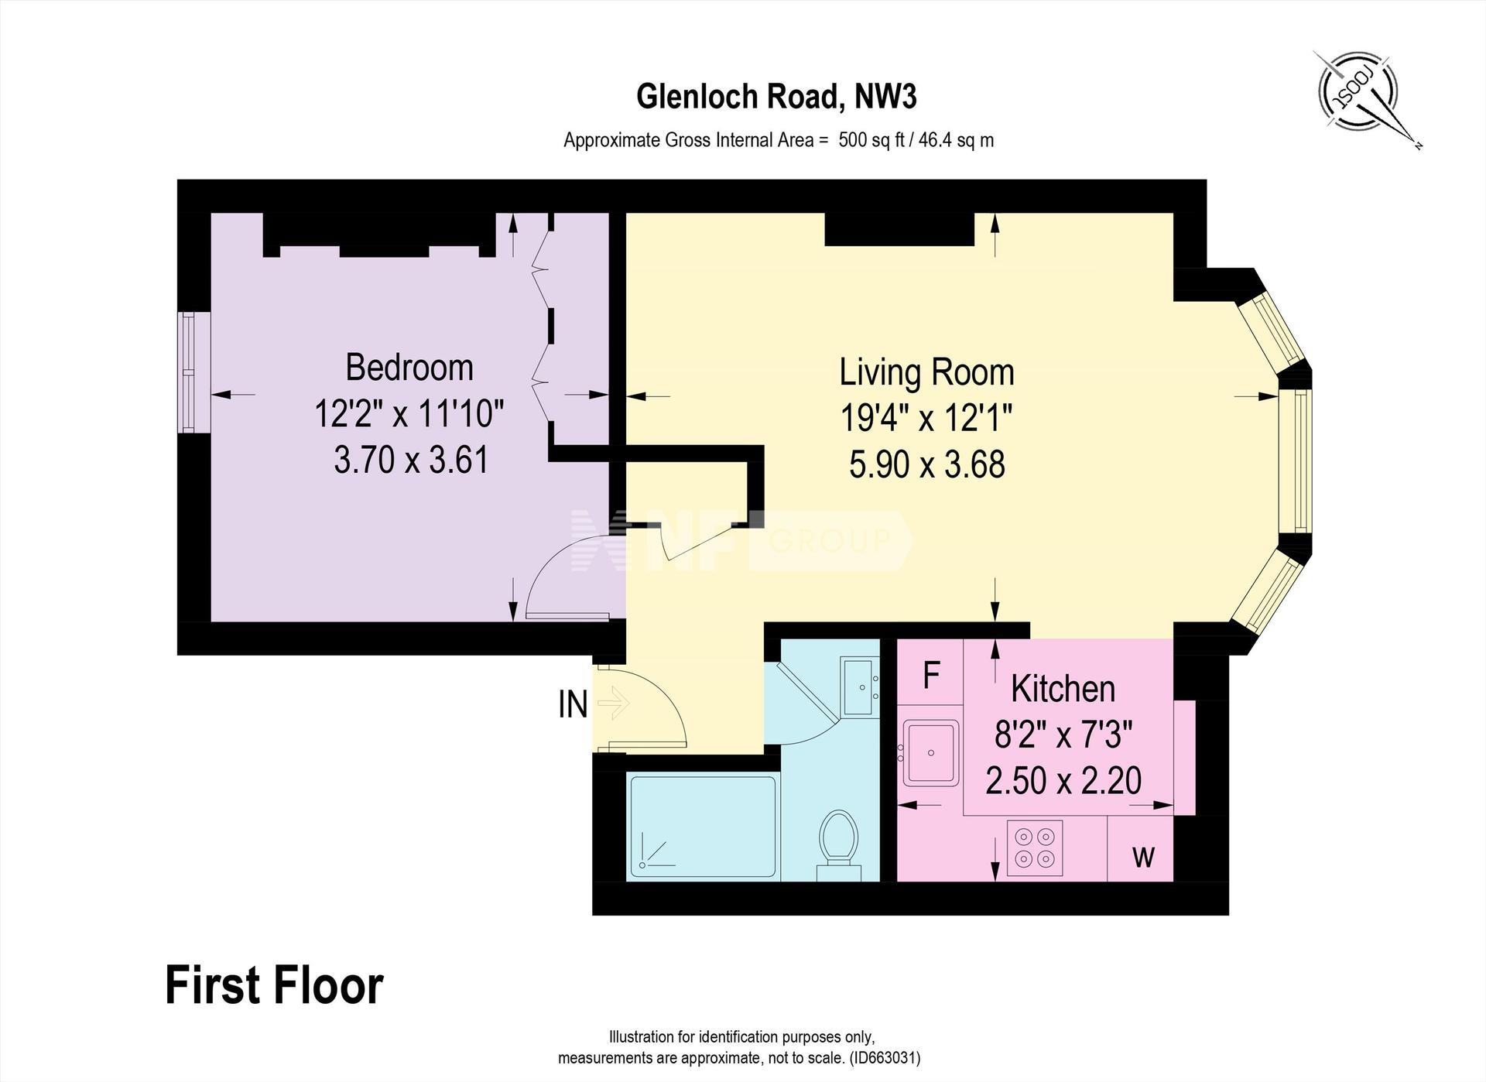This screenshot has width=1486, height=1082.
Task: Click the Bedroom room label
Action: pos(409,367)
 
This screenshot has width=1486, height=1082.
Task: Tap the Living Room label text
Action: pos(926,372)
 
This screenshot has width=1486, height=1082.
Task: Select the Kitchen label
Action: pos(1063,688)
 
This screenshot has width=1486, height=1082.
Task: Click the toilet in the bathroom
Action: pos(839,844)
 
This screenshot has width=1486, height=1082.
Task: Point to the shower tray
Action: pos(703,826)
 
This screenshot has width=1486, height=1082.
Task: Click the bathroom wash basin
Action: pos(860,687)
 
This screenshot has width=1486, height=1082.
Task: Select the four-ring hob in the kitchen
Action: pos(1035,848)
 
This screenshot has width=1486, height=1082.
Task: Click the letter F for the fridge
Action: pos(931,676)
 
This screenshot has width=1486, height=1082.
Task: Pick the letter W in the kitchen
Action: pos(1143,856)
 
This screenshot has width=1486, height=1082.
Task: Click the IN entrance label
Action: pos(573,704)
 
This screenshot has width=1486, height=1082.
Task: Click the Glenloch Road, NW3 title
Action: pos(776,97)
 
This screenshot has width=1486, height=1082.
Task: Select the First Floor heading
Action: pos(274,985)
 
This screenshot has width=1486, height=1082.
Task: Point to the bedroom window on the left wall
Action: pos(190,372)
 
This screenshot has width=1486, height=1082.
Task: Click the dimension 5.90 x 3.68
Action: pos(926,464)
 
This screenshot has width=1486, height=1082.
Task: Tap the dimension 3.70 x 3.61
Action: pos(411,460)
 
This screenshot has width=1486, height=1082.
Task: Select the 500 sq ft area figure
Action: pos(871,140)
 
